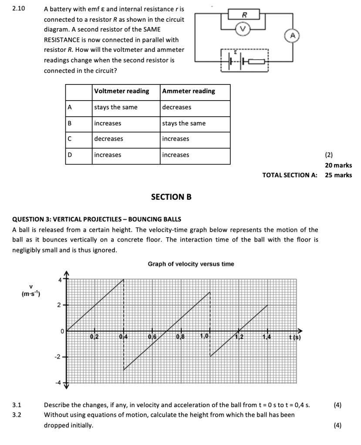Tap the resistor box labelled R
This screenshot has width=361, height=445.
click(x=245, y=15)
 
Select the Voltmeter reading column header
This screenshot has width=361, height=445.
click(x=121, y=91)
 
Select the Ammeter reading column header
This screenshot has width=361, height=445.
click(x=189, y=91)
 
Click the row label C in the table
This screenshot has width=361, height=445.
click(x=70, y=139)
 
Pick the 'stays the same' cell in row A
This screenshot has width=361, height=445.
click(x=115, y=107)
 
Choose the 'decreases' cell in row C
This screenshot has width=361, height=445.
click(x=108, y=139)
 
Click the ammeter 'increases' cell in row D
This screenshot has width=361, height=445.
click(x=175, y=155)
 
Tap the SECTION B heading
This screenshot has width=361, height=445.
click(x=171, y=197)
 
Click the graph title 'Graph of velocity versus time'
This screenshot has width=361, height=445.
click(x=191, y=264)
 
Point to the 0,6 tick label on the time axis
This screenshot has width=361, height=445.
click(x=152, y=336)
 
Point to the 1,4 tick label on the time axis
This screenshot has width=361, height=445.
click(x=267, y=336)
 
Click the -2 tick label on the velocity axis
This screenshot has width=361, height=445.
click(x=57, y=357)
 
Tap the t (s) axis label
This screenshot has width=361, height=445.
click(x=295, y=337)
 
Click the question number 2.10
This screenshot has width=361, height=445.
click(x=19, y=9)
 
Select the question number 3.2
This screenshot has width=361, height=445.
click(x=17, y=415)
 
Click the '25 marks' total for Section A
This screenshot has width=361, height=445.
click(x=338, y=175)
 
